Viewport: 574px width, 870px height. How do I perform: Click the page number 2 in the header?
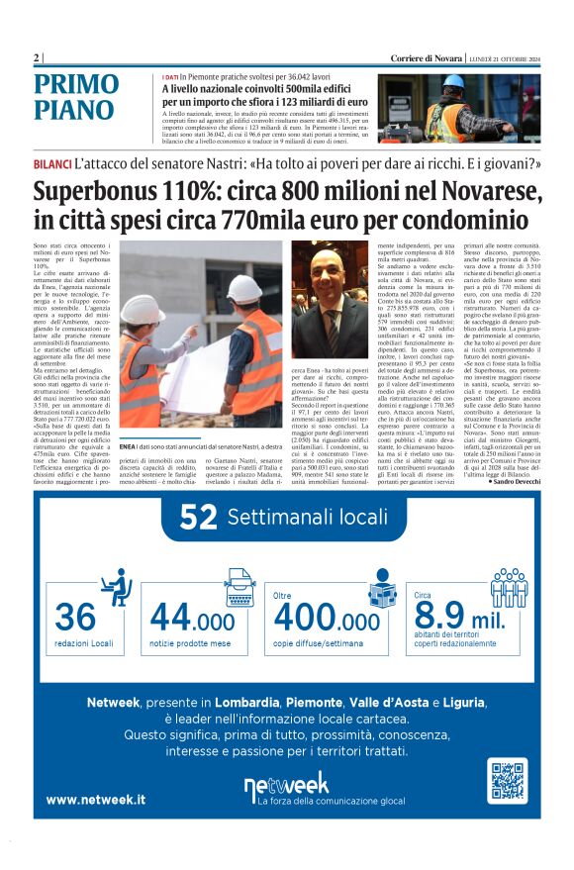(36, 57)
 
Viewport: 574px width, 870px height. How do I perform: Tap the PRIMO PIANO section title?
(89, 97)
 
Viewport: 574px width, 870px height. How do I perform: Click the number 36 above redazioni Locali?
(75, 617)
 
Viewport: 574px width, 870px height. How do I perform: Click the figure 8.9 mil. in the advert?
(461, 619)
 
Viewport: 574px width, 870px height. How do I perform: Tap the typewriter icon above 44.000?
(239, 584)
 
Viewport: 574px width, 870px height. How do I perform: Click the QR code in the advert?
(507, 781)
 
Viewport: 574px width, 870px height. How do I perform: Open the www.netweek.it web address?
(95, 799)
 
